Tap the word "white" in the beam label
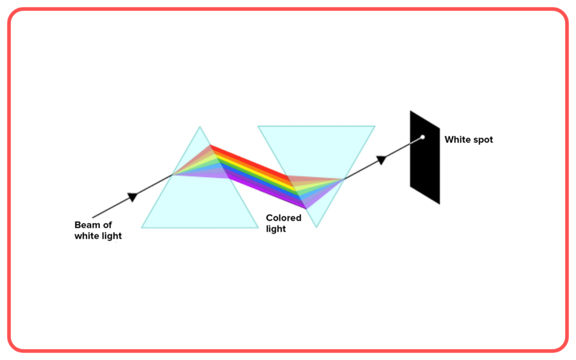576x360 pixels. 86,236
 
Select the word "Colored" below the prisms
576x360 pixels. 283,218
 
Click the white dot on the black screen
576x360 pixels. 422,137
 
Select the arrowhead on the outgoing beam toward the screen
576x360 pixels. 382,160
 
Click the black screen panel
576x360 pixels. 425,157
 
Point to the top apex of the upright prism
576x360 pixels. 200,127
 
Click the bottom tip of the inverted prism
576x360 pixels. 316,227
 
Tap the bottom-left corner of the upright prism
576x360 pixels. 142,228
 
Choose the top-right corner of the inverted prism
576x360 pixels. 375,127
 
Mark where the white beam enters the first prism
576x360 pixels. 172,175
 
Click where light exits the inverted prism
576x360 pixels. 344,179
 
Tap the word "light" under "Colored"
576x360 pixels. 276,229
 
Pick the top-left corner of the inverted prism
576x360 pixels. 258,127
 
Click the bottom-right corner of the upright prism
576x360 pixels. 258,228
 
